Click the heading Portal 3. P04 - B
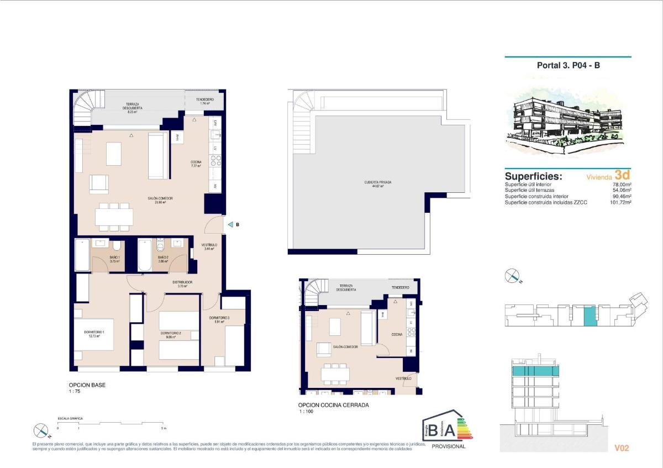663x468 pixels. pos(569,65)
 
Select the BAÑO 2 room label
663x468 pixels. pos(163,259)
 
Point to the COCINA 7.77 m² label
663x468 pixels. pos(196,164)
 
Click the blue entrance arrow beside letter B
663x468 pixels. pos(230,225)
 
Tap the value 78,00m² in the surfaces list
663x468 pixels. pos(621,185)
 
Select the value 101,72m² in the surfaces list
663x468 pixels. pos(619,203)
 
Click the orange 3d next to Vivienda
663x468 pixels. pos(623,175)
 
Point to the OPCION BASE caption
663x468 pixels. pos(87,385)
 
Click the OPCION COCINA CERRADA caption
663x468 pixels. pos(333,405)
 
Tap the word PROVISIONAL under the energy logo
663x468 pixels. pos(448,446)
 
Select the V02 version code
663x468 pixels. pos(622,448)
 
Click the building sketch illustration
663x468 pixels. pos(568,122)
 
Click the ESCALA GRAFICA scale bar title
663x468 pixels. pos(70,419)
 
